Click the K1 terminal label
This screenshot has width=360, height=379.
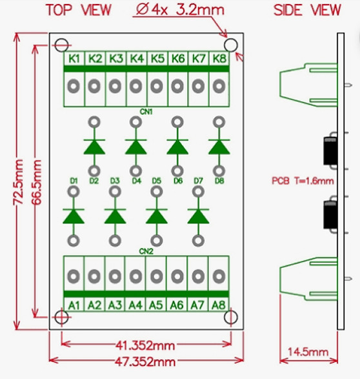pyautogui.click(x=74, y=59)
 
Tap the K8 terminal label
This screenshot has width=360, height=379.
pyautogui.click(x=219, y=59)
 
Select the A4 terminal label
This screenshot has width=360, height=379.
pyautogui.click(x=135, y=305)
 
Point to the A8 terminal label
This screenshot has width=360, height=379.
pyautogui.click(x=219, y=305)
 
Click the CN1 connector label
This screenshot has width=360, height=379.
pyautogui.click(x=146, y=112)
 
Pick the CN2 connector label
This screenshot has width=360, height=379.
pyautogui.click(x=146, y=252)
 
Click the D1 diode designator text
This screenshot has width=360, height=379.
pyautogui.click(x=74, y=181)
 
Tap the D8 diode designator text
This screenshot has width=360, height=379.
pyautogui.click(x=219, y=181)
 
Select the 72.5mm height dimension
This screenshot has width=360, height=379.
pyautogui.click(x=19, y=182)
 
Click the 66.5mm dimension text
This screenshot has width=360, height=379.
pyautogui.click(x=37, y=182)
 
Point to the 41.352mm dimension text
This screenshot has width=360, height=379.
pyautogui.click(x=145, y=345)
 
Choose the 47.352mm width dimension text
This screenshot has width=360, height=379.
pyautogui.click(x=145, y=362)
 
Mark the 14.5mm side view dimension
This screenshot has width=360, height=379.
pyautogui.click(x=308, y=352)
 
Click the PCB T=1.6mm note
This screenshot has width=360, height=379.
pyautogui.click(x=303, y=181)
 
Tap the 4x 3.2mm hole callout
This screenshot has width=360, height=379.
pyautogui.click(x=180, y=10)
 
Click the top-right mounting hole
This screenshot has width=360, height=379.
pyautogui.click(x=231, y=45)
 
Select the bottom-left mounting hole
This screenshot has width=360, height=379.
pyautogui.click(x=61, y=317)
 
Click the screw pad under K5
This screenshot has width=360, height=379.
pyautogui.click(x=157, y=87)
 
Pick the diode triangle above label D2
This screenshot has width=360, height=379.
pyautogui.click(x=94, y=147)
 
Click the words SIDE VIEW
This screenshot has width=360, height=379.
pyautogui.click(x=307, y=10)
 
